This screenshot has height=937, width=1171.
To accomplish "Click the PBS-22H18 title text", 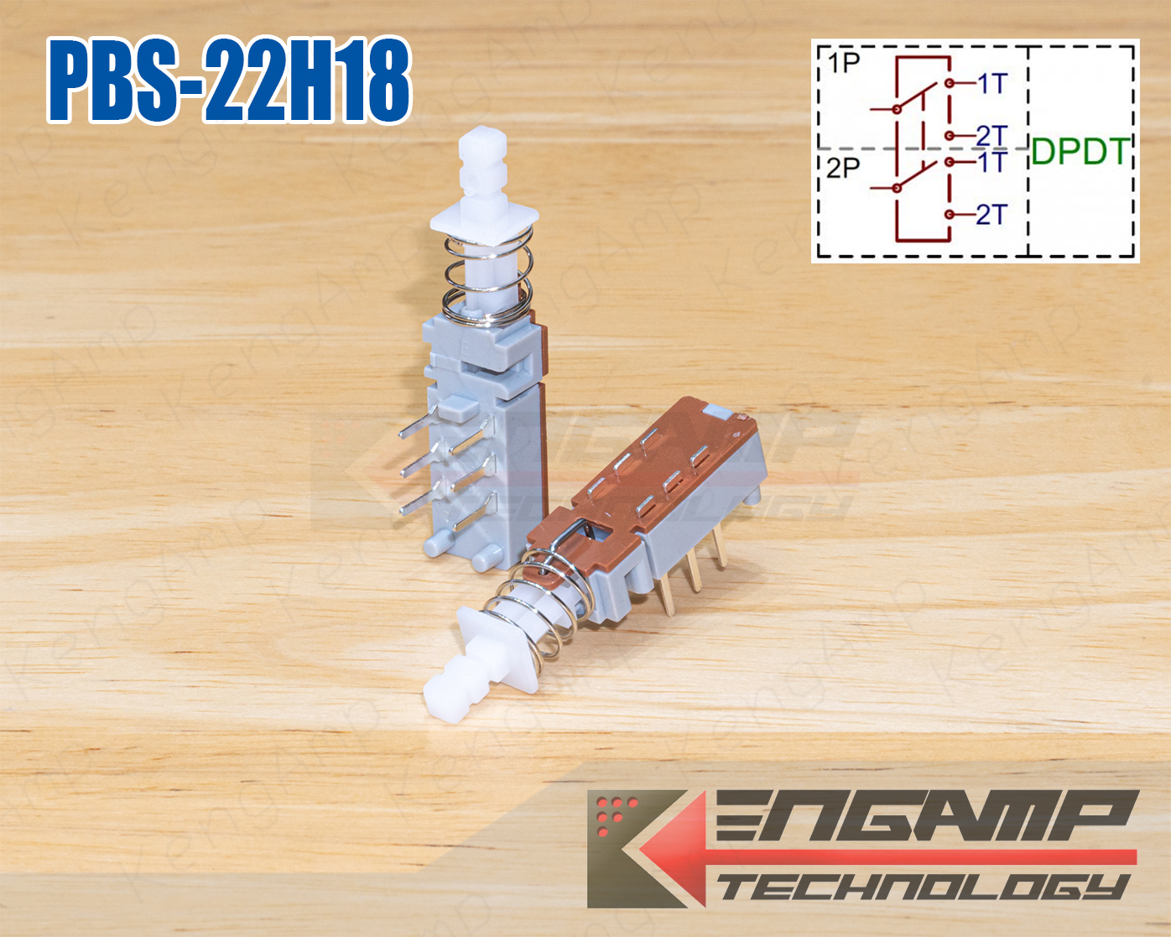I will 228,82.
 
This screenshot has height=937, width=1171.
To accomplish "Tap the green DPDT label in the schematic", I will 1080,151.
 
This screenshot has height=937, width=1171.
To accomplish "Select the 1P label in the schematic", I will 841,63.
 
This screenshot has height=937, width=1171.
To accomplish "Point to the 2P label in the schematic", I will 843,168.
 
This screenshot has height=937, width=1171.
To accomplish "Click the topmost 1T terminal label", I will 991,83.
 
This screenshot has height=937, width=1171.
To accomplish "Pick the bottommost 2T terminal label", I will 991,215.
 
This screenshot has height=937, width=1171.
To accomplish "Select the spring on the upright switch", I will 488,277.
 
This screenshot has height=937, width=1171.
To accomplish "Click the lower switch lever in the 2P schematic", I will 914,178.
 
